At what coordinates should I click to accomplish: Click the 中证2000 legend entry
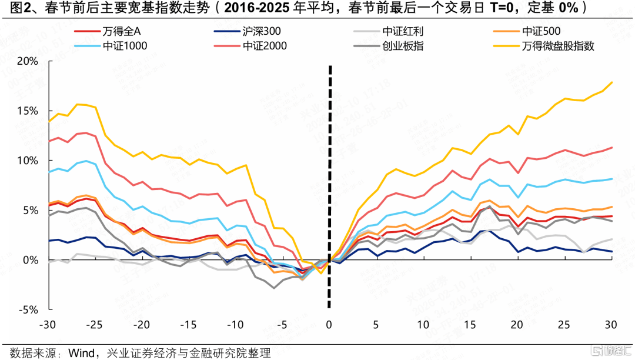pos(265,45)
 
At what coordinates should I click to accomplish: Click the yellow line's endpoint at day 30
pos(612,82)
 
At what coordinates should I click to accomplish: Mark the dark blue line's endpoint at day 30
pos(612,252)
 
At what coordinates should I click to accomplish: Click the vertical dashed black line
pos(329,176)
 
